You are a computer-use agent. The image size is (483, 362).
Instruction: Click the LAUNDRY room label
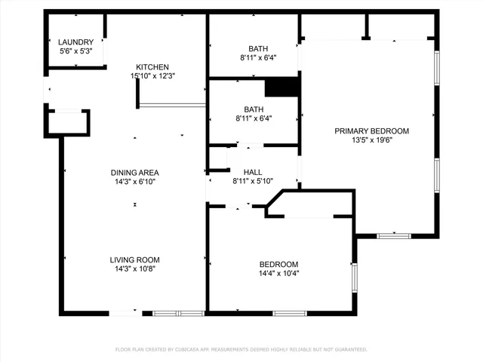coord(76,42)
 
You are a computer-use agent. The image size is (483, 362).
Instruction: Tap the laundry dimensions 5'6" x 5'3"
coord(76,51)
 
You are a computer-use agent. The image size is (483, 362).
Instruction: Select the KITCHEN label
coord(152,67)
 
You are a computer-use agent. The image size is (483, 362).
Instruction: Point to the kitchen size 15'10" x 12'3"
coord(152,76)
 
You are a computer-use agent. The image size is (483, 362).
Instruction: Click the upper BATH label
coord(253,48)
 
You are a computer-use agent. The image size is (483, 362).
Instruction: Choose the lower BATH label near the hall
coord(253,109)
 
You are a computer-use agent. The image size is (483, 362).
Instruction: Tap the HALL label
coord(253,171)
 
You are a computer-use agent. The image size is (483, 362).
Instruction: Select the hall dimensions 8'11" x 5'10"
coord(253,180)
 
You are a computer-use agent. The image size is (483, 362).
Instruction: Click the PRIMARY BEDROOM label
coord(372,130)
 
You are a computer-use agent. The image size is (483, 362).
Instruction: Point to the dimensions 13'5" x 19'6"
coord(372,140)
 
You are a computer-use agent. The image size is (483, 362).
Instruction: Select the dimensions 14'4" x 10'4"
coord(278,273)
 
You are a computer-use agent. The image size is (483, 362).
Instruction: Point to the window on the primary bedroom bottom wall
coord(393,236)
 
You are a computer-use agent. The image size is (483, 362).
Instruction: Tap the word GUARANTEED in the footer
coord(349,350)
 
